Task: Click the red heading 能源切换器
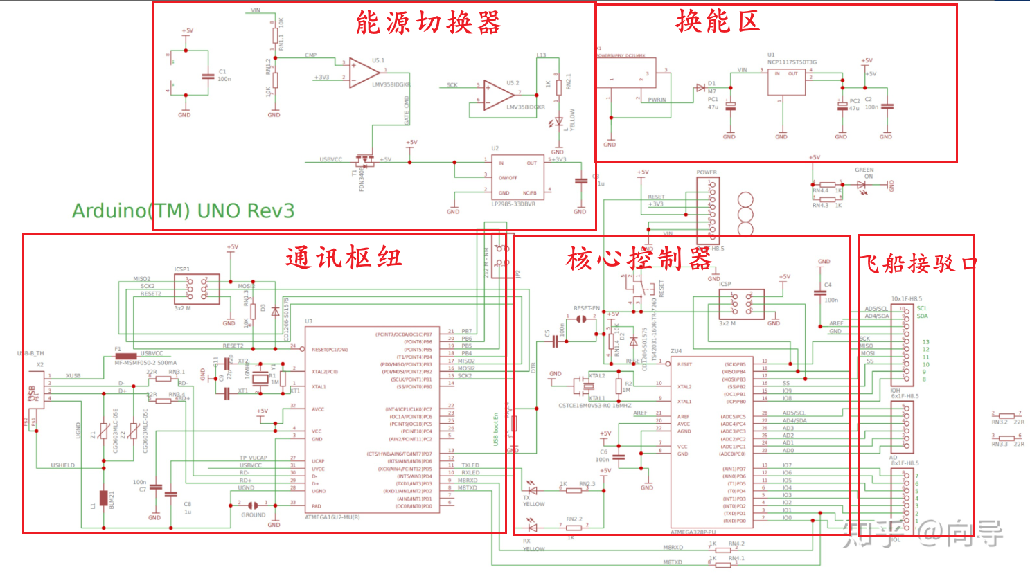(x=428, y=23)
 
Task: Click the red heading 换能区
(x=718, y=21)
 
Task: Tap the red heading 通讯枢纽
(x=344, y=258)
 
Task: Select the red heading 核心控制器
(x=639, y=259)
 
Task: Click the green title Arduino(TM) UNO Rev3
(x=184, y=210)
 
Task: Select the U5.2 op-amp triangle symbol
(x=497, y=95)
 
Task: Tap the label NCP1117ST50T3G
(x=792, y=62)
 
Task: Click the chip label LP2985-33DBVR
(x=513, y=204)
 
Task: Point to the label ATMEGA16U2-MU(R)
(x=332, y=517)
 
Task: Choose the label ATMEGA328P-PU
(x=693, y=532)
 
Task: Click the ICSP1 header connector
(x=196, y=289)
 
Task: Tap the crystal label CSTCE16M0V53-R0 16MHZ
(x=595, y=406)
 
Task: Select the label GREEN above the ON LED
(x=864, y=170)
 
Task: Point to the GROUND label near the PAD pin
(x=253, y=515)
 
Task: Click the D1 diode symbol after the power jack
(x=700, y=89)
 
